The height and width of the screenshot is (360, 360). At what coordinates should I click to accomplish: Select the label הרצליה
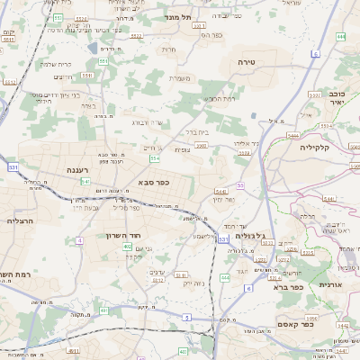click(20, 220)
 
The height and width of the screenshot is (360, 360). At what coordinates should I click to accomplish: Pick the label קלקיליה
click(316, 147)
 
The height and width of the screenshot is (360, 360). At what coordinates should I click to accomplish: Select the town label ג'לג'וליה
click(255, 237)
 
